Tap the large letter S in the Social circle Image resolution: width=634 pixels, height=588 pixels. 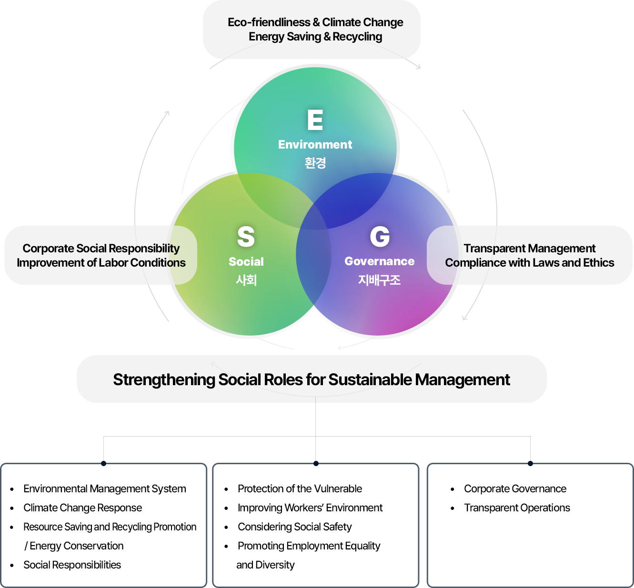coord(246,237)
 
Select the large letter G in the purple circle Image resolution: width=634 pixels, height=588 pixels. coord(380,237)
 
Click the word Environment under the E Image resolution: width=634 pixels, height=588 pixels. coord(315,144)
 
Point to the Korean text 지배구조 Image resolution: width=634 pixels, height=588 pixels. coord(379,280)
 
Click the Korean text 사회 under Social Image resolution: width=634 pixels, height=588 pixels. coord(246,280)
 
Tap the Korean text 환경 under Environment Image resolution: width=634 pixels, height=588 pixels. coord(315,163)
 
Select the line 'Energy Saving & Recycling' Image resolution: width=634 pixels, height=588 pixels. coord(315,37)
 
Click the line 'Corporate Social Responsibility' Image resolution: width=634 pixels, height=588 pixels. coord(101,248)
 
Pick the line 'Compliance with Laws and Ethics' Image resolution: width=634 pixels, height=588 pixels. coord(529,262)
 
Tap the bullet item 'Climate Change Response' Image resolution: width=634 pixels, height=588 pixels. coord(82,508)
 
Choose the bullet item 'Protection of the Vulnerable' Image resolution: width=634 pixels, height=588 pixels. coord(300,488)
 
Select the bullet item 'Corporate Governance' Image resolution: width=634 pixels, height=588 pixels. coord(515,488)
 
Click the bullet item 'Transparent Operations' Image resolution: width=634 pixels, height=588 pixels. coord(517,508)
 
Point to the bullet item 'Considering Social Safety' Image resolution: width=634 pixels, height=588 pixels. coord(294,527)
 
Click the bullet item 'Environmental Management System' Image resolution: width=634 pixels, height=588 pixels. coord(104,488)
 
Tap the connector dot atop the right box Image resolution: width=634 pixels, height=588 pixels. coord(530,463)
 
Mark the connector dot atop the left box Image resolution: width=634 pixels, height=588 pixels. coord(103,463)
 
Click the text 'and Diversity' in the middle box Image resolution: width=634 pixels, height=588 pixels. coord(265,565)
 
